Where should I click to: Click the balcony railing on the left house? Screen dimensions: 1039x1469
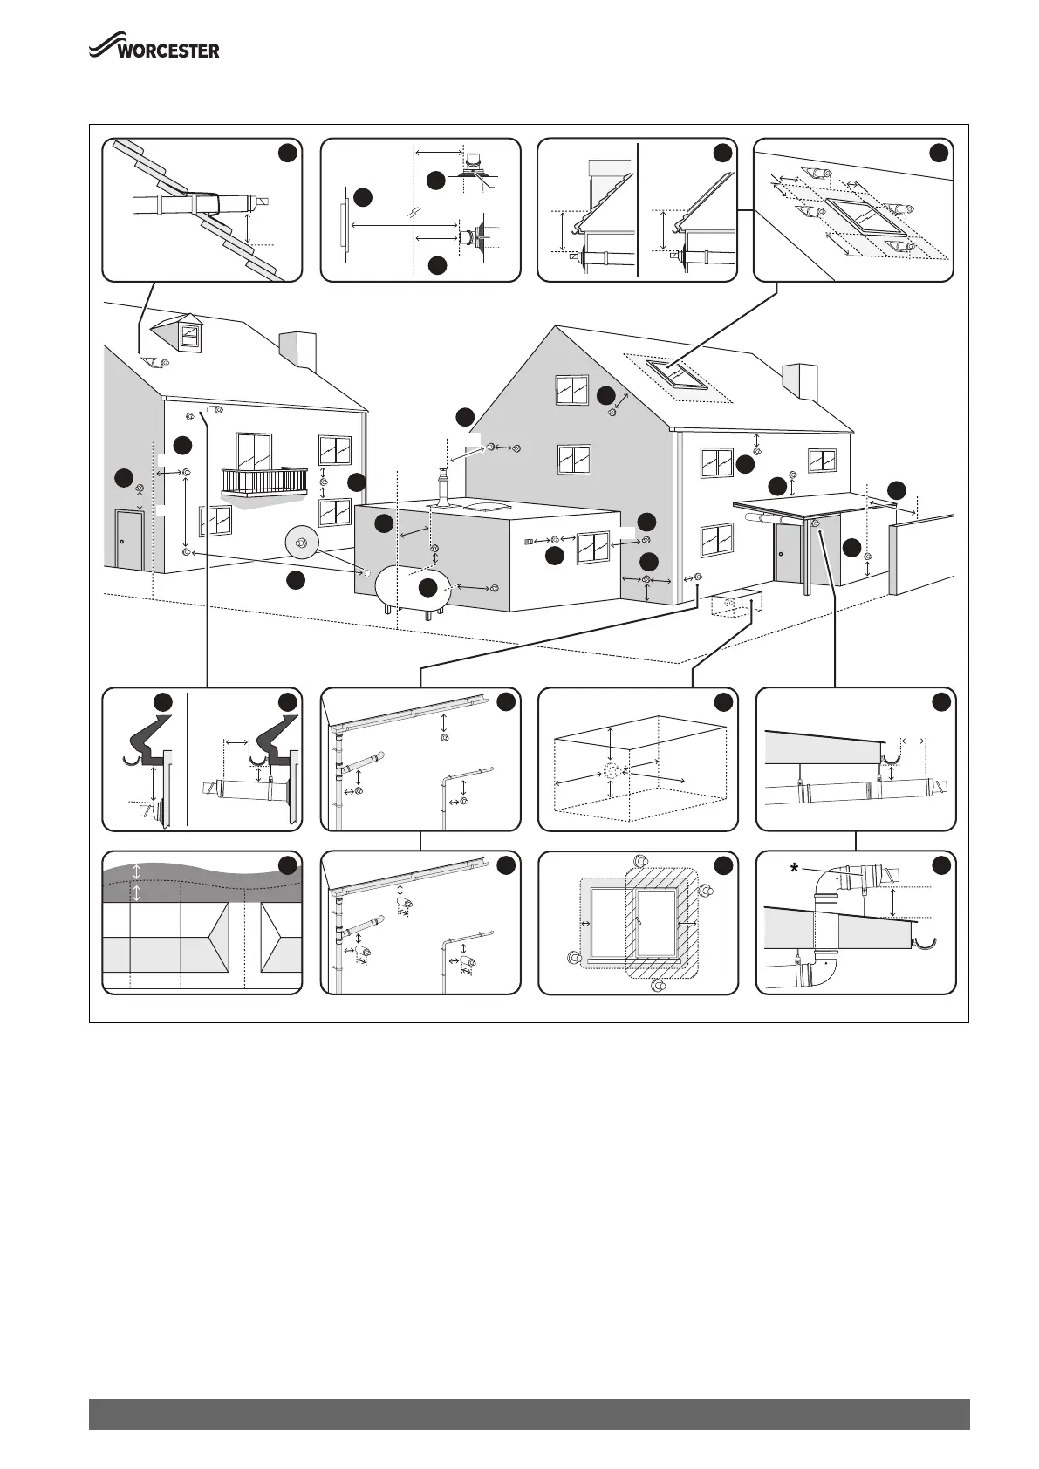point(264,481)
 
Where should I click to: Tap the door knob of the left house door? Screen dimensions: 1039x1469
point(122,543)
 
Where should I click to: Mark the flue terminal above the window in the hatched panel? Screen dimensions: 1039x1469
point(640,861)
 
